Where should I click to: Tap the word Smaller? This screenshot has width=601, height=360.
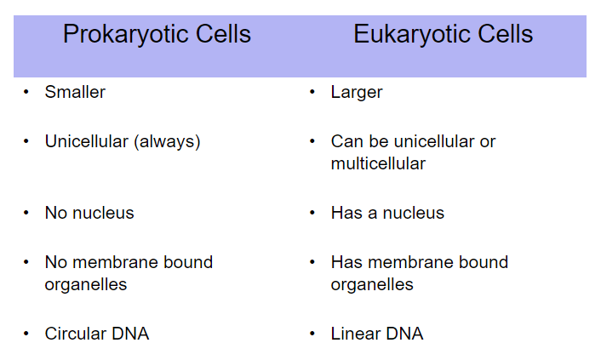75,92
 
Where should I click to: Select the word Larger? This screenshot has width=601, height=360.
357,93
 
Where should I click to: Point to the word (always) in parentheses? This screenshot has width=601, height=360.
167,142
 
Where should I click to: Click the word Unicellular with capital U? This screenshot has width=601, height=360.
87,141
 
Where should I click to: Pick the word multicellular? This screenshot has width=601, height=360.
378,163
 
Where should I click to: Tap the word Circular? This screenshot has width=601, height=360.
75,334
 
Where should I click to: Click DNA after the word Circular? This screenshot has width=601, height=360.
130,334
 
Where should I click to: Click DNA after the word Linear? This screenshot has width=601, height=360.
404,334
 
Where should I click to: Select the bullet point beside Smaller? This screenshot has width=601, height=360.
26,92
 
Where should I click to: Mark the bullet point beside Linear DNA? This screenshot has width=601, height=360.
312,334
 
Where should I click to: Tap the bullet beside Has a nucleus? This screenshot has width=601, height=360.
312,213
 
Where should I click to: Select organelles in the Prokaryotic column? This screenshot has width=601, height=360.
86,285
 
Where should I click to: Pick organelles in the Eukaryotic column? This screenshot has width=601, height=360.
372,285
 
